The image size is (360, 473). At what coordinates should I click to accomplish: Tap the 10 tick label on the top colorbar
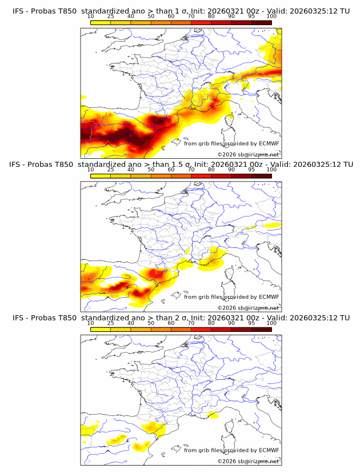pyautogui.click(x=90, y=17)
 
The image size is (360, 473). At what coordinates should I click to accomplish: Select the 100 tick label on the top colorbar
pyautogui.click(x=271, y=17)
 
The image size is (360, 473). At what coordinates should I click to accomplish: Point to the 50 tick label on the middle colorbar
pyautogui.click(x=151, y=170)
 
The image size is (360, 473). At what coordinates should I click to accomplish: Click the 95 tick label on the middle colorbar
pyautogui.click(x=251, y=170)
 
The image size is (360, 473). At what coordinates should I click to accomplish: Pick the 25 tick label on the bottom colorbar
pyautogui.click(x=110, y=323)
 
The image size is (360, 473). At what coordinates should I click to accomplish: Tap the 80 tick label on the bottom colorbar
pyautogui.click(x=211, y=323)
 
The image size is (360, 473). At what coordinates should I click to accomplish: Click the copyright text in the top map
pyautogui.click(x=248, y=154)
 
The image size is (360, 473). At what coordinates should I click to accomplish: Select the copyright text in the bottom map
pyautogui.click(x=248, y=460)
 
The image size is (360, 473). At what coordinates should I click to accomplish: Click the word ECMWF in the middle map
pyautogui.click(x=269, y=296)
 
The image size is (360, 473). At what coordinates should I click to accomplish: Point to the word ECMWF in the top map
pyautogui.click(x=269, y=143)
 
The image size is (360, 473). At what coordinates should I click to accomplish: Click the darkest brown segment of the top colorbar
pyautogui.click(x=261, y=22)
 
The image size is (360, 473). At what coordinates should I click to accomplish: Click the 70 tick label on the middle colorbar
pyautogui.click(x=191, y=170)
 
